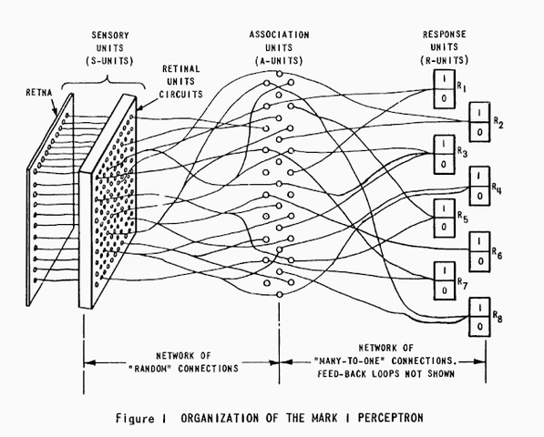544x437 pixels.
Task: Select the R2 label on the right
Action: (497, 120)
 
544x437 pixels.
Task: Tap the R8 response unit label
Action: (497, 315)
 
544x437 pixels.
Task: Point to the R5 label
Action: (462, 218)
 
